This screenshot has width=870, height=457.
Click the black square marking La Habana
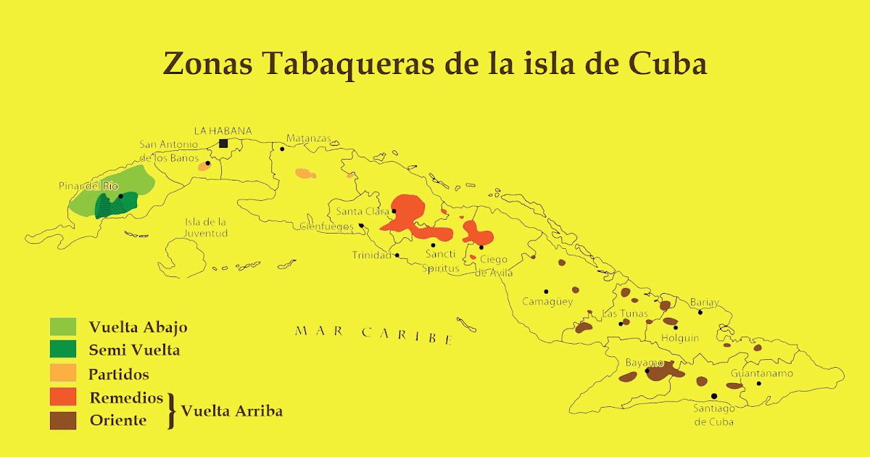223,144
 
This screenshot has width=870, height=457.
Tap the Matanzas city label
308,138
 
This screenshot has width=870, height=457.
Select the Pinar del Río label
88,186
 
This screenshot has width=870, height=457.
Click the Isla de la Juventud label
206,228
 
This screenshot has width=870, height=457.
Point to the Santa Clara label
362,212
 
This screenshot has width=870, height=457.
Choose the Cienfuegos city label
327,226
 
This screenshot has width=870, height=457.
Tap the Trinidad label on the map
371,255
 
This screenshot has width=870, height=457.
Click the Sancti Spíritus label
442,261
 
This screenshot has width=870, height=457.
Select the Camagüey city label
547,302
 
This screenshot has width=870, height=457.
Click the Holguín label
680,338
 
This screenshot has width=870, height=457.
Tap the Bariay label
704,302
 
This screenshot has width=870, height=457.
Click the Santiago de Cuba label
714,415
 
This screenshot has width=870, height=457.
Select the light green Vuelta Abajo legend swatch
63,326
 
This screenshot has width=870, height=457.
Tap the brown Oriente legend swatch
63,420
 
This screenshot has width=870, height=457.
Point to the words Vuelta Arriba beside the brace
231,411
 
